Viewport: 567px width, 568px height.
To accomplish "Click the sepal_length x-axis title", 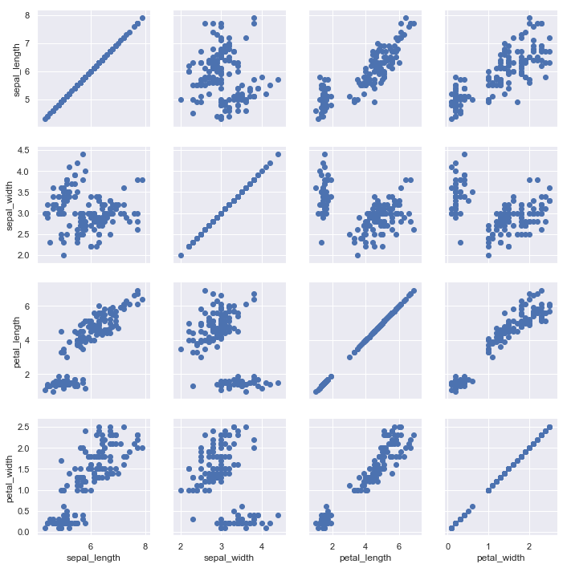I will tap(94, 558).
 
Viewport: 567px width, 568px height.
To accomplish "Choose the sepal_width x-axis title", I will tap(230, 558).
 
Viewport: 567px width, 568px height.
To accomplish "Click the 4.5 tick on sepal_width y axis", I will tap(24, 150).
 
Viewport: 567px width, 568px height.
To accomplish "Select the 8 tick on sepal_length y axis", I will tap(28, 15).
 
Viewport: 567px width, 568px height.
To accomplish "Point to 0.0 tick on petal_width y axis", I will tap(24, 531).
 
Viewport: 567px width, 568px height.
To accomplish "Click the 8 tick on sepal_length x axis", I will tap(145, 545).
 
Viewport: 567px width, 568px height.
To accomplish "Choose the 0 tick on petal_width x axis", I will tap(448, 545).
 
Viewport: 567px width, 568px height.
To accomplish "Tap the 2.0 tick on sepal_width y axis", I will tap(24, 255).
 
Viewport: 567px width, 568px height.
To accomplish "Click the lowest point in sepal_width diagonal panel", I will tap(181, 255).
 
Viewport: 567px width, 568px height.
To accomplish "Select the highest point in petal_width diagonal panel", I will tap(549, 427).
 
